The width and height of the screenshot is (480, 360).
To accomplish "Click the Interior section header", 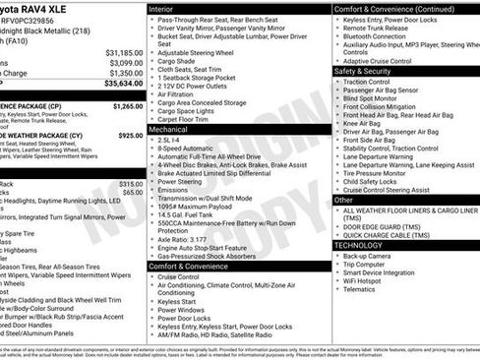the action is coord(167,8).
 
